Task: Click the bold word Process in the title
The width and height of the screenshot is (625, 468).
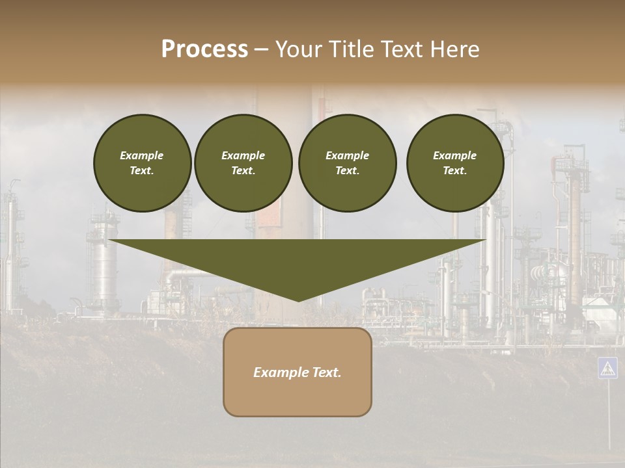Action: [x=204, y=49]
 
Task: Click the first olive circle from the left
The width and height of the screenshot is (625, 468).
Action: [x=143, y=163]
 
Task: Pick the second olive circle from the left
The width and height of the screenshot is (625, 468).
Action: [x=243, y=163]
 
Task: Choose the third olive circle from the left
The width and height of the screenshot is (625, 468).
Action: [x=347, y=163]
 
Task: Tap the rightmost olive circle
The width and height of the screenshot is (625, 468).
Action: [x=455, y=163]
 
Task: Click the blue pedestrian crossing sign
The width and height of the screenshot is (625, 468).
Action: [x=607, y=368]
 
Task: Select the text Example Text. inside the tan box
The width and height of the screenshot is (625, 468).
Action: [x=298, y=372]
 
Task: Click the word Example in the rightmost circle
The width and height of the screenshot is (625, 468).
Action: [x=454, y=155]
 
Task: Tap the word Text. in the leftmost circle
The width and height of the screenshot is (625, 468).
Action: [x=142, y=171]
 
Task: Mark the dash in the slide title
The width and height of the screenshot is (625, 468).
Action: [x=262, y=49]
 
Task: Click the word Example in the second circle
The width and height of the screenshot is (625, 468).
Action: [x=243, y=155]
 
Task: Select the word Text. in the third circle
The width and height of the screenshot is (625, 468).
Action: [x=347, y=171]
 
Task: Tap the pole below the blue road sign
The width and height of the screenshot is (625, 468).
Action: [x=608, y=416]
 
